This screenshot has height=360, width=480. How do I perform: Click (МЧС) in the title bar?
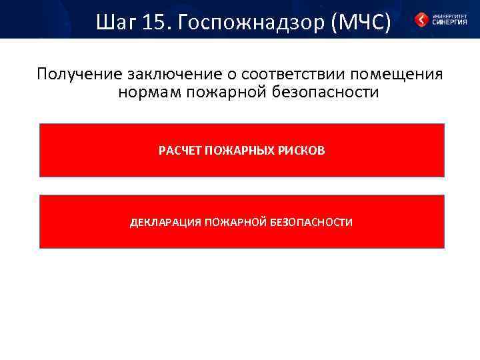coord(359,23)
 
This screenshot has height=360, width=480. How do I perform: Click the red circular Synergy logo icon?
coord(421,20)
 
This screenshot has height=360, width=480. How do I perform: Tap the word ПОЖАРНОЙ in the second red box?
coord(236,222)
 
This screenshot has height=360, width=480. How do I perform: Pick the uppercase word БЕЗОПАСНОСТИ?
coord(311,222)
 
